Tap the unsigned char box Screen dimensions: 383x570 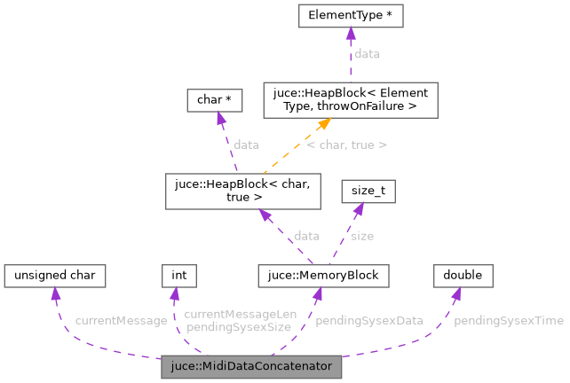tap(55, 276)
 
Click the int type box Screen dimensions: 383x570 tap(178, 276)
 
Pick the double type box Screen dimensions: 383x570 tap(463, 276)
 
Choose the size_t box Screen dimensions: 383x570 tap(368, 190)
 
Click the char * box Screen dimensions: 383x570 tap(210, 101)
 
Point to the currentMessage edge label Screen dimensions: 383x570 tap(121, 320)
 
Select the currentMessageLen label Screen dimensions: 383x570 tap(227, 314)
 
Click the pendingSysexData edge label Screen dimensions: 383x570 tap(368, 320)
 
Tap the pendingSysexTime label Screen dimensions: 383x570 tap(508, 320)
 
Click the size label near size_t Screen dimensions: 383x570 tap(362, 236)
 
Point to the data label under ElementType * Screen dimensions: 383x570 tap(367, 54)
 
